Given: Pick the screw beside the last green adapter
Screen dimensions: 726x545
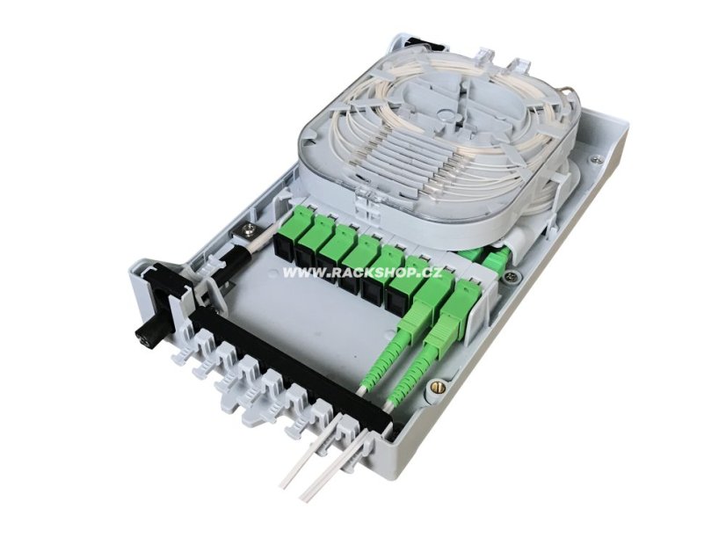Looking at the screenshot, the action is [510, 277].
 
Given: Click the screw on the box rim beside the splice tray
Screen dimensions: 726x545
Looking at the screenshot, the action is [593, 159].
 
